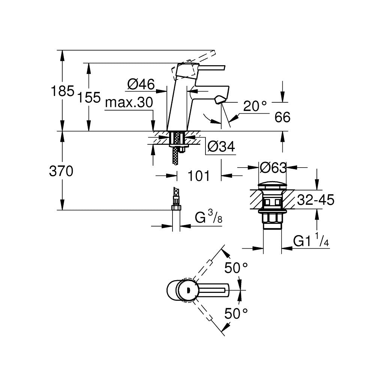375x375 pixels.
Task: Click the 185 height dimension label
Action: (x=63, y=91)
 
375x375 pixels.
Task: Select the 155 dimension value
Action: (x=89, y=98)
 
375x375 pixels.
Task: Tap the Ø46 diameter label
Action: (x=141, y=85)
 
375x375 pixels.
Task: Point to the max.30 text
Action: (x=129, y=103)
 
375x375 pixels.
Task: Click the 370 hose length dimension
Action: (x=61, y=171)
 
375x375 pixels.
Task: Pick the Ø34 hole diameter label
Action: (x=221, y=147)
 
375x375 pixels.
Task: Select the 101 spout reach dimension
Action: (x=198, y=175)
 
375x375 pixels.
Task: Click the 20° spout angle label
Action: (x=255, y=106)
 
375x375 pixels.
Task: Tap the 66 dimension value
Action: (x=282, y=117)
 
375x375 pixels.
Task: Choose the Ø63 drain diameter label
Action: (x=273, y=168)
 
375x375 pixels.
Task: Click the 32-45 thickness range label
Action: (x=315, y=200)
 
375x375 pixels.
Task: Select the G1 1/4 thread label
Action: (x=311, y=241)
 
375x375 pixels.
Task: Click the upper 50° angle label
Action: (x=236, y=268)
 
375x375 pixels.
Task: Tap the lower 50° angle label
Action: (x=236, y=313)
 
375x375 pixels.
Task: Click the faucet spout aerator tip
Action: (x=219, y=100)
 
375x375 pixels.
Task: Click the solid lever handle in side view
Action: (x=210, y=67)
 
